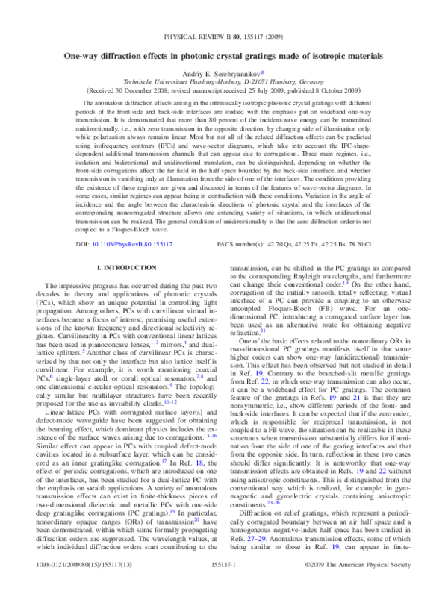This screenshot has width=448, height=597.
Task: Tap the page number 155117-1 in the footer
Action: [224, 588]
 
